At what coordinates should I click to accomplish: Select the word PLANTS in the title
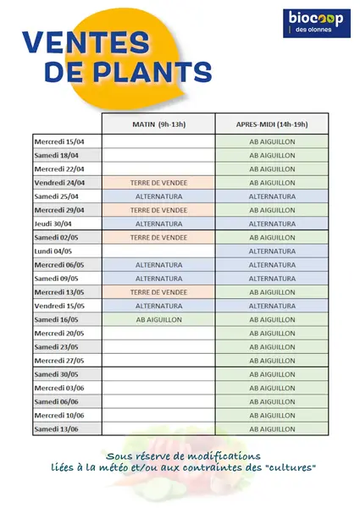coord(165,74)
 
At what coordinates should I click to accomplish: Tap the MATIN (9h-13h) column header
coord(158,124)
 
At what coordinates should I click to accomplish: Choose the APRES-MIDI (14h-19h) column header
coord(272,124)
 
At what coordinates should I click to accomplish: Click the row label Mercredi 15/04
coord(57,141)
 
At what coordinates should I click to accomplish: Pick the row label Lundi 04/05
coord(53,251)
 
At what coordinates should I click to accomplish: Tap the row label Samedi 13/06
coord(56,429)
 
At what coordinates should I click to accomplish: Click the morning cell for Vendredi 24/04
coord(158,182)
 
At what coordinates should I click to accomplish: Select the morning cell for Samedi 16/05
coord(158,319)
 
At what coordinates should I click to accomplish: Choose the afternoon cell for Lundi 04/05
coord(272,251)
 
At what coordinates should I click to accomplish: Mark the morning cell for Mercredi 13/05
coord(158,292)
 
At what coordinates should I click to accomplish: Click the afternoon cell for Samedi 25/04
coord(272,196)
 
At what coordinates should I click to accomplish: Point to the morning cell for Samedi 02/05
coord(158,237)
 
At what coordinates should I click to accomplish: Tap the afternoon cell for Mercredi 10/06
coord(272,416)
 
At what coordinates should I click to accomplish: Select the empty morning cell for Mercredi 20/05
coord(158,333)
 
